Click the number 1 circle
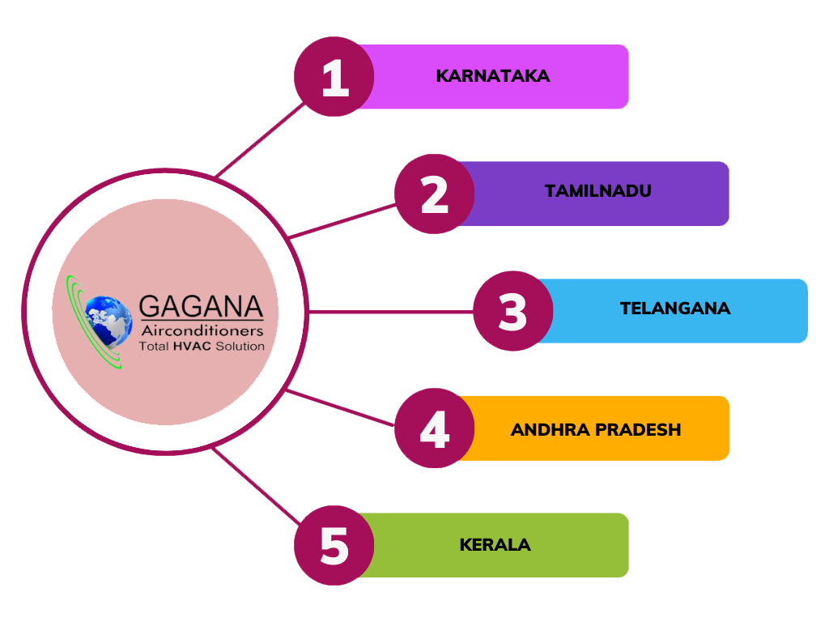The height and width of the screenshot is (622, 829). [334, 77]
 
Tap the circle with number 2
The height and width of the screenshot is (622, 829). [435, 194]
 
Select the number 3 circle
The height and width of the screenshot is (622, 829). [512, 311]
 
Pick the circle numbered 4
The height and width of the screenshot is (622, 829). [435, 428]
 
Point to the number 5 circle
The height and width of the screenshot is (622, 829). [334, 545]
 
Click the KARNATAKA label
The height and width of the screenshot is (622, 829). [493, 76]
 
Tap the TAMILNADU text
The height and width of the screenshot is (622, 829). [598, 191]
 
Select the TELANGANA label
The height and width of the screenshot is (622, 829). [675, 309]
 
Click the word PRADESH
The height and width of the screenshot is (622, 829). [638, 429]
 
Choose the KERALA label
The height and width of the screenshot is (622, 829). [495, 545]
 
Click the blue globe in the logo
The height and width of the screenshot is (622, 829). [109, 321]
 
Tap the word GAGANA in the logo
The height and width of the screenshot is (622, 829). [201, 307]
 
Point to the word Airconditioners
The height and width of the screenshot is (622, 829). [202, 331]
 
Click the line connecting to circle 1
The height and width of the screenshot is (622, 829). [260, 140]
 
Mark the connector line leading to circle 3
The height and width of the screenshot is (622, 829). [390, 312]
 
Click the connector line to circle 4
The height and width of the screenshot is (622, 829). [340, 408]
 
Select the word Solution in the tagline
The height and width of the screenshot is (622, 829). [240, 347]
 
